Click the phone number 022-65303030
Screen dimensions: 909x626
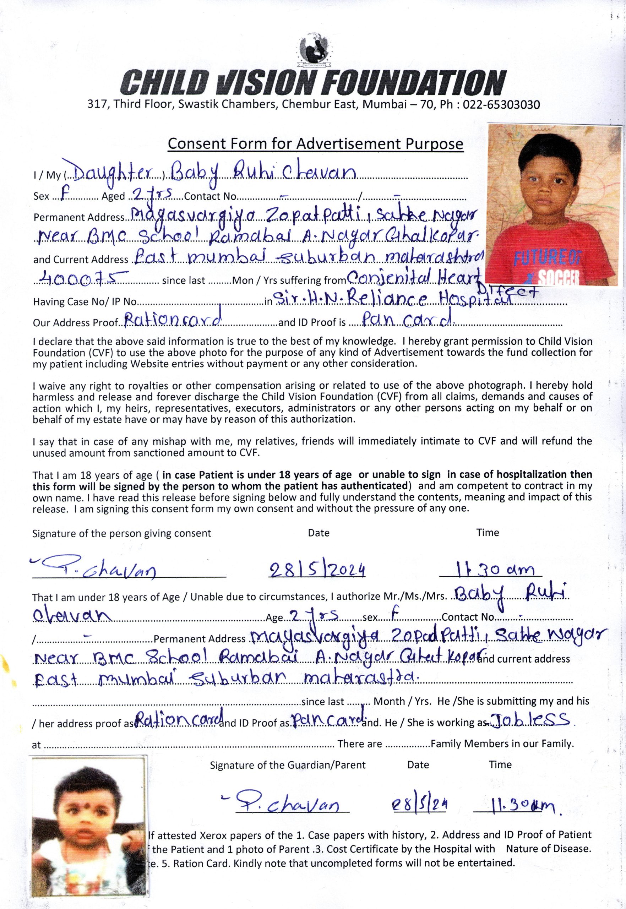pyautogui.click(x=501, y=105)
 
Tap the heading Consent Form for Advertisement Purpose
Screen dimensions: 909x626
pyautogui.click(x=315, y=144)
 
